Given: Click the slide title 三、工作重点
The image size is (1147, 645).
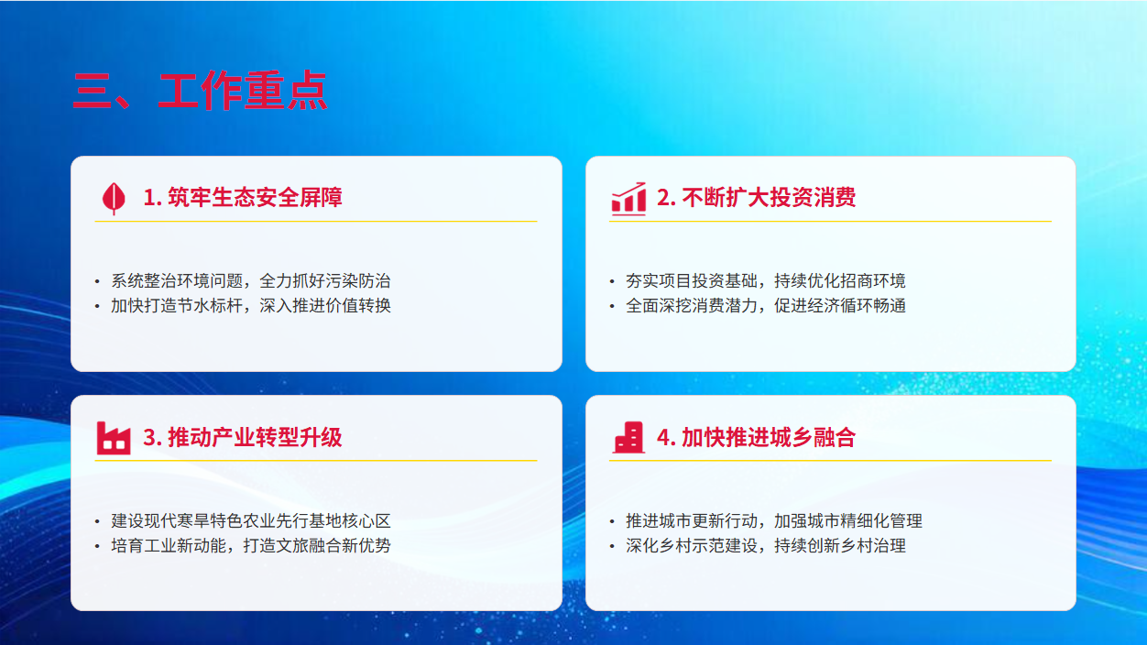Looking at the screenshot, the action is click(201, 91).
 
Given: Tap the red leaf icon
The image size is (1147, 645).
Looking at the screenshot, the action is click(114, 199).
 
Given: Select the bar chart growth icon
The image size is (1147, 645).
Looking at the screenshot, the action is click(628, 199).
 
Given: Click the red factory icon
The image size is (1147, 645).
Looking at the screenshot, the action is click(114, 438).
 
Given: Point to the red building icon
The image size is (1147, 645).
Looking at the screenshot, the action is click(628, 438).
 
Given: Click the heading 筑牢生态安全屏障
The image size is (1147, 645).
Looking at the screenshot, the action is click(255, 198).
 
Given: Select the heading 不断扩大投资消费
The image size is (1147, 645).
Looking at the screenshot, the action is click(769, 198).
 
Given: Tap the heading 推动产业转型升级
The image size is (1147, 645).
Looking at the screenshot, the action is click(255, 438).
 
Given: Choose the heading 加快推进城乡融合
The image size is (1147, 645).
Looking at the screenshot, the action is click(769, 438).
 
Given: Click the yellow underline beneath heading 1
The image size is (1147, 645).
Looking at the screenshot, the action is click(316, 221).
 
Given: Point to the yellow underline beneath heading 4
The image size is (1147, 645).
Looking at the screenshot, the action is click(830, 461).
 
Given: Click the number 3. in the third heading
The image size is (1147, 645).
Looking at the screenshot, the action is click(153, 438).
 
